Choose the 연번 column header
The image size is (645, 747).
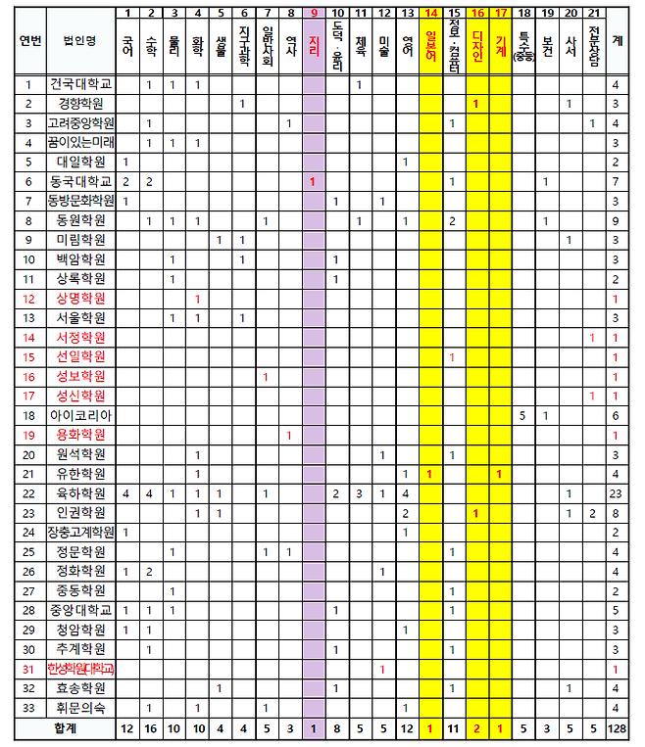pos(29,41)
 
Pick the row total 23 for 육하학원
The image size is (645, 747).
pos(616,493)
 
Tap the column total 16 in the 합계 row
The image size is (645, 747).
pos(149,729)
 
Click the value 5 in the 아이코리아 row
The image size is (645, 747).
pos(524,415)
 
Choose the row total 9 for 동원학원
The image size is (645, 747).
pos(616,220)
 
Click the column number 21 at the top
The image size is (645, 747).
pos(593,12)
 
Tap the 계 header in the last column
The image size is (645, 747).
pos(616,41)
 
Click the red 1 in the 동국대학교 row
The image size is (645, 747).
pos(313,181)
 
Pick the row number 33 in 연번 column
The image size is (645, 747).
pos(29,708)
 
